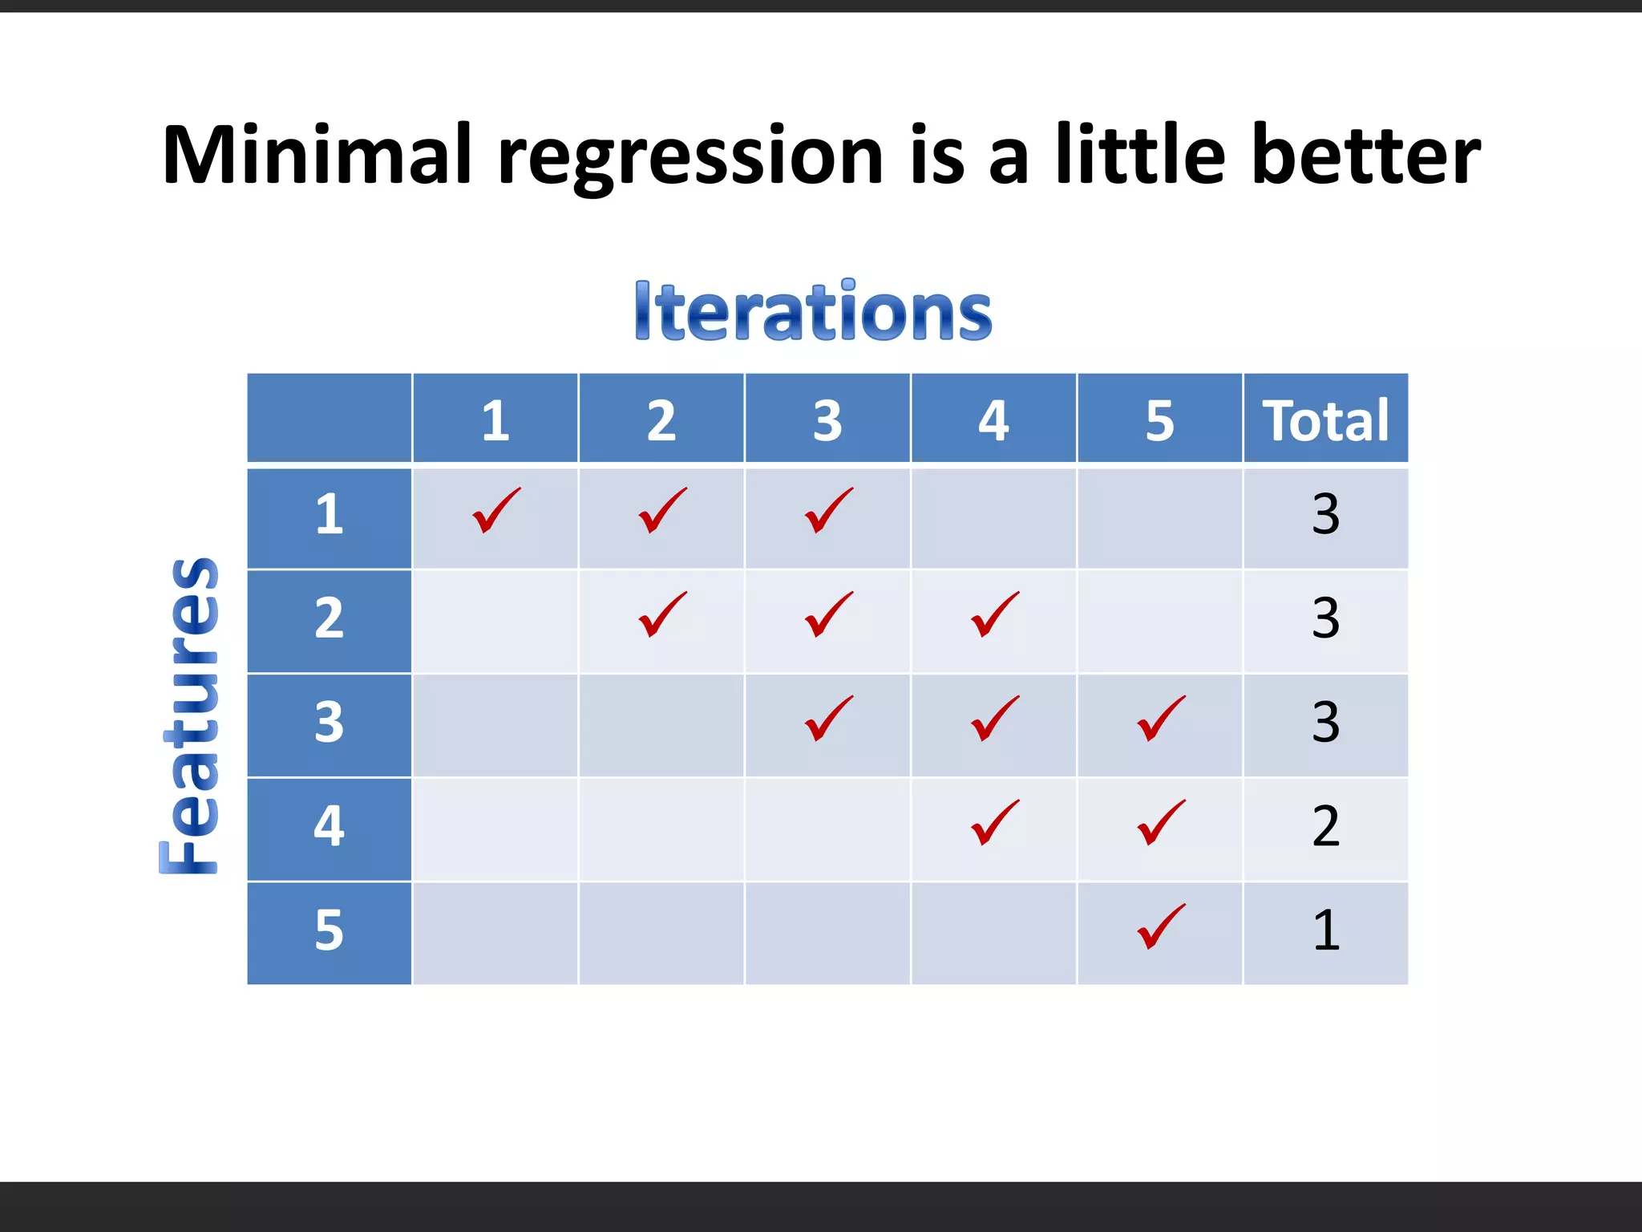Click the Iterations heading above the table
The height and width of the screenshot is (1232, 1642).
click(x=813, y=312)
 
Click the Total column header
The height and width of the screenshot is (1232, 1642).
click(x=1325, y=420)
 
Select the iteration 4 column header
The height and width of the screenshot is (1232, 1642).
click(x=993, y=420)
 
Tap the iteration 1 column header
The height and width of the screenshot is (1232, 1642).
click(x=495, y=420)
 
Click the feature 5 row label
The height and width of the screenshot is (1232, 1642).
click(x=329, y=931)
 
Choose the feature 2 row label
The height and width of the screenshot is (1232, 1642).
click(x=329, y=619)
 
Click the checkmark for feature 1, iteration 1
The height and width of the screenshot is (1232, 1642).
click(x=495, y=511)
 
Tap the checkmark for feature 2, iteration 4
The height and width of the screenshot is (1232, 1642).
click(x=994, y=615)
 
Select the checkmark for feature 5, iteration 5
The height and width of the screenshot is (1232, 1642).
click(x=1160, y=927)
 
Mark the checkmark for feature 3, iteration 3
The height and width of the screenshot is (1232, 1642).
click(x=828, y=719)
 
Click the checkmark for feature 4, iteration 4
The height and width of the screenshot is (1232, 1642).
click(x=994, y=823)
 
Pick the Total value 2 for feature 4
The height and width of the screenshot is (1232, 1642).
click(x=1325, y=826)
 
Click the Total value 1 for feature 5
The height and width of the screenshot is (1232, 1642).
click(x=1325, y=930)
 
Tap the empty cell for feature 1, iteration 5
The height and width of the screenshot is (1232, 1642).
click(x=1159, y=517)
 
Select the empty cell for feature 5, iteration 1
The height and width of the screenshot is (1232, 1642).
click(x=495, y=933)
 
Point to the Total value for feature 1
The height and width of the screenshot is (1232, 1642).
click(x=1325, y=514)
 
